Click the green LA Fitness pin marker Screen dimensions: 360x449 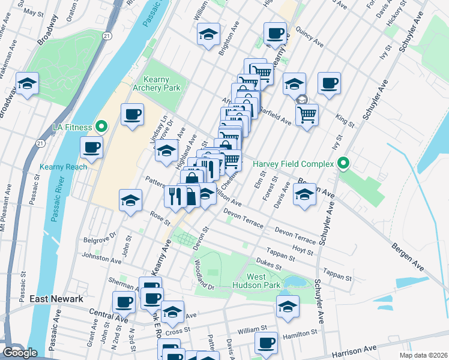coord(101,127)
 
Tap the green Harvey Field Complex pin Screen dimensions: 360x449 coord(343,163)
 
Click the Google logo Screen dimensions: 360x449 coord(20,353)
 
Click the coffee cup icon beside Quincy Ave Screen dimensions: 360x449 coord(276,34)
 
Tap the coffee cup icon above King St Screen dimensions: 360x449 coord(329,83)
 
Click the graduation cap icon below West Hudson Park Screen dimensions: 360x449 coord(288,306)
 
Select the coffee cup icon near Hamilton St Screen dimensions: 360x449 coord(266,343)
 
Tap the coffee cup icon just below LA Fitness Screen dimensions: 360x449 coord(92,147)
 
